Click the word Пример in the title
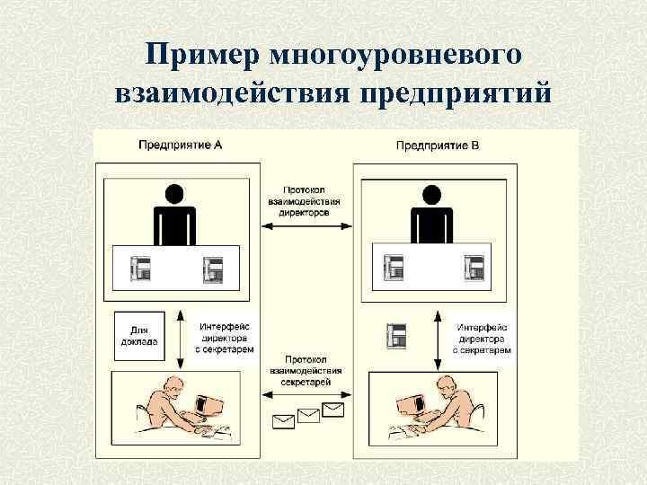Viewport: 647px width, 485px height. tap(202, 56)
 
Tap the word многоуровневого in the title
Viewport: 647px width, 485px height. tap(396, 56)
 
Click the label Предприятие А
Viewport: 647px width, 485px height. tap(181, 144)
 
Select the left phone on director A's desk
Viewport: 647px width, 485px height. tap(140, 267)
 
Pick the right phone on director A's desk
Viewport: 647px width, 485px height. tap(213, 267)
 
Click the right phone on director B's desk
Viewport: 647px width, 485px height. tap(474, 267)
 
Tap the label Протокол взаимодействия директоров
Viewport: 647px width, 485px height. tap(306, 203)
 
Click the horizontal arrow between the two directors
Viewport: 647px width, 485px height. tap(306, 226)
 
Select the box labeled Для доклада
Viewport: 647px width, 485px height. tap(138, 335)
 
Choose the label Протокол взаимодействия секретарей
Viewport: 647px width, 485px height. tap(306, 369)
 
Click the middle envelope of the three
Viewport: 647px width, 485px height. tap(309, 414)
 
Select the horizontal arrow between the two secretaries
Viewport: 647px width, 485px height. tap(306, 392)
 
